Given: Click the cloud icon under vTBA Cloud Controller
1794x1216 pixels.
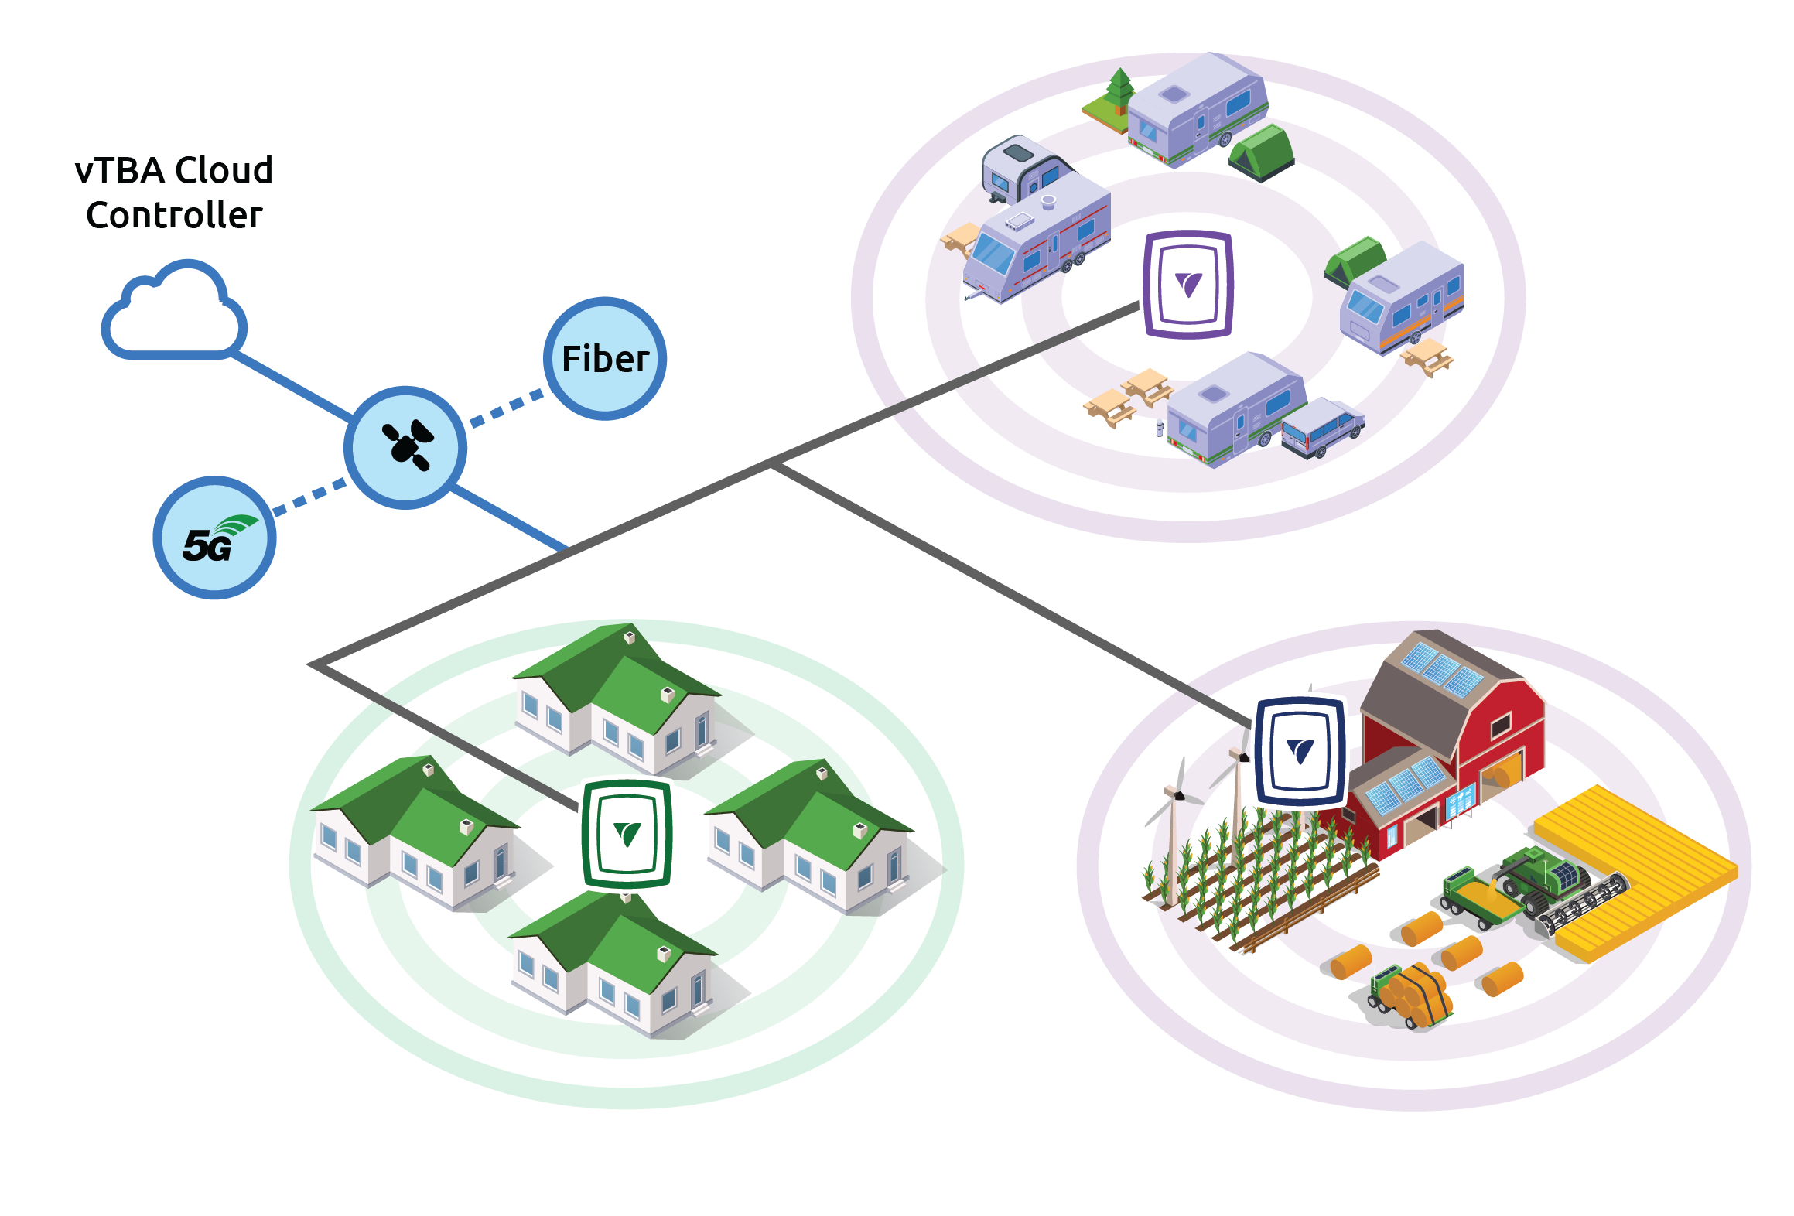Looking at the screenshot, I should pos(175,313).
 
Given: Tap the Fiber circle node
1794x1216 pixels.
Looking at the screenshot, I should pos(605,359).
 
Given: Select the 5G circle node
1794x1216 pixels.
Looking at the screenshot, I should pos(214,538).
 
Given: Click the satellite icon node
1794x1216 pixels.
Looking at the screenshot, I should pos(405,447).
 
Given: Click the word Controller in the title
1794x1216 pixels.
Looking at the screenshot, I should pos(174,215).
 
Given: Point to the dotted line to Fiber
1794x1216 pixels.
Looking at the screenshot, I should pos(507,408).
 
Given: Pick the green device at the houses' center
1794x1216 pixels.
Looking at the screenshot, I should pos(627,834).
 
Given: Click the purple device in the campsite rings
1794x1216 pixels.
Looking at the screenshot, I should pos(1187,285).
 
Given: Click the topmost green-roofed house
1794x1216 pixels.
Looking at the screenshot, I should pos(619,696).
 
